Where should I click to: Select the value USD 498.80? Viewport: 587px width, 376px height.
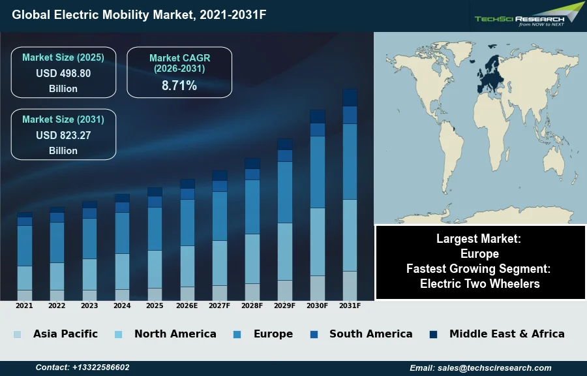click(63, 73)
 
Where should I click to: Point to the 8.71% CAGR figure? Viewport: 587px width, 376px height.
click(179, 86)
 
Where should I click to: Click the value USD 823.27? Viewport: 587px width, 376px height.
click(63, 135)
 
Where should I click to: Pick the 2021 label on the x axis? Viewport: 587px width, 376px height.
click(24, 305)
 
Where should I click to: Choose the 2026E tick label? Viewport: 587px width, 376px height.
click(187, 305)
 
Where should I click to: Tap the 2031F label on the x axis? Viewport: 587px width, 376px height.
click(350, 305)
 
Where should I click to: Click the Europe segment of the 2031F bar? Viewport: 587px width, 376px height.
click(350, 161)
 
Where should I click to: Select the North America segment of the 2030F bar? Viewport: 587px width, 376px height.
click(318, 242)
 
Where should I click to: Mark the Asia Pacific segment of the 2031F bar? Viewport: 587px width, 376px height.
click(350, 285)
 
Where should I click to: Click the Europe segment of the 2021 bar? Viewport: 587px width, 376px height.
click(25, 245)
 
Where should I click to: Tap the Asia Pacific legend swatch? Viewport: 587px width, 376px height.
click(17, 334)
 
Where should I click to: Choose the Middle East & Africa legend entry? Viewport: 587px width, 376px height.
click(507, 334)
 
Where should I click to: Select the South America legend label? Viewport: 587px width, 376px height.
click(370, 334)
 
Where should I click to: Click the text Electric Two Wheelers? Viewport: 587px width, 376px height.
click(480, 283)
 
